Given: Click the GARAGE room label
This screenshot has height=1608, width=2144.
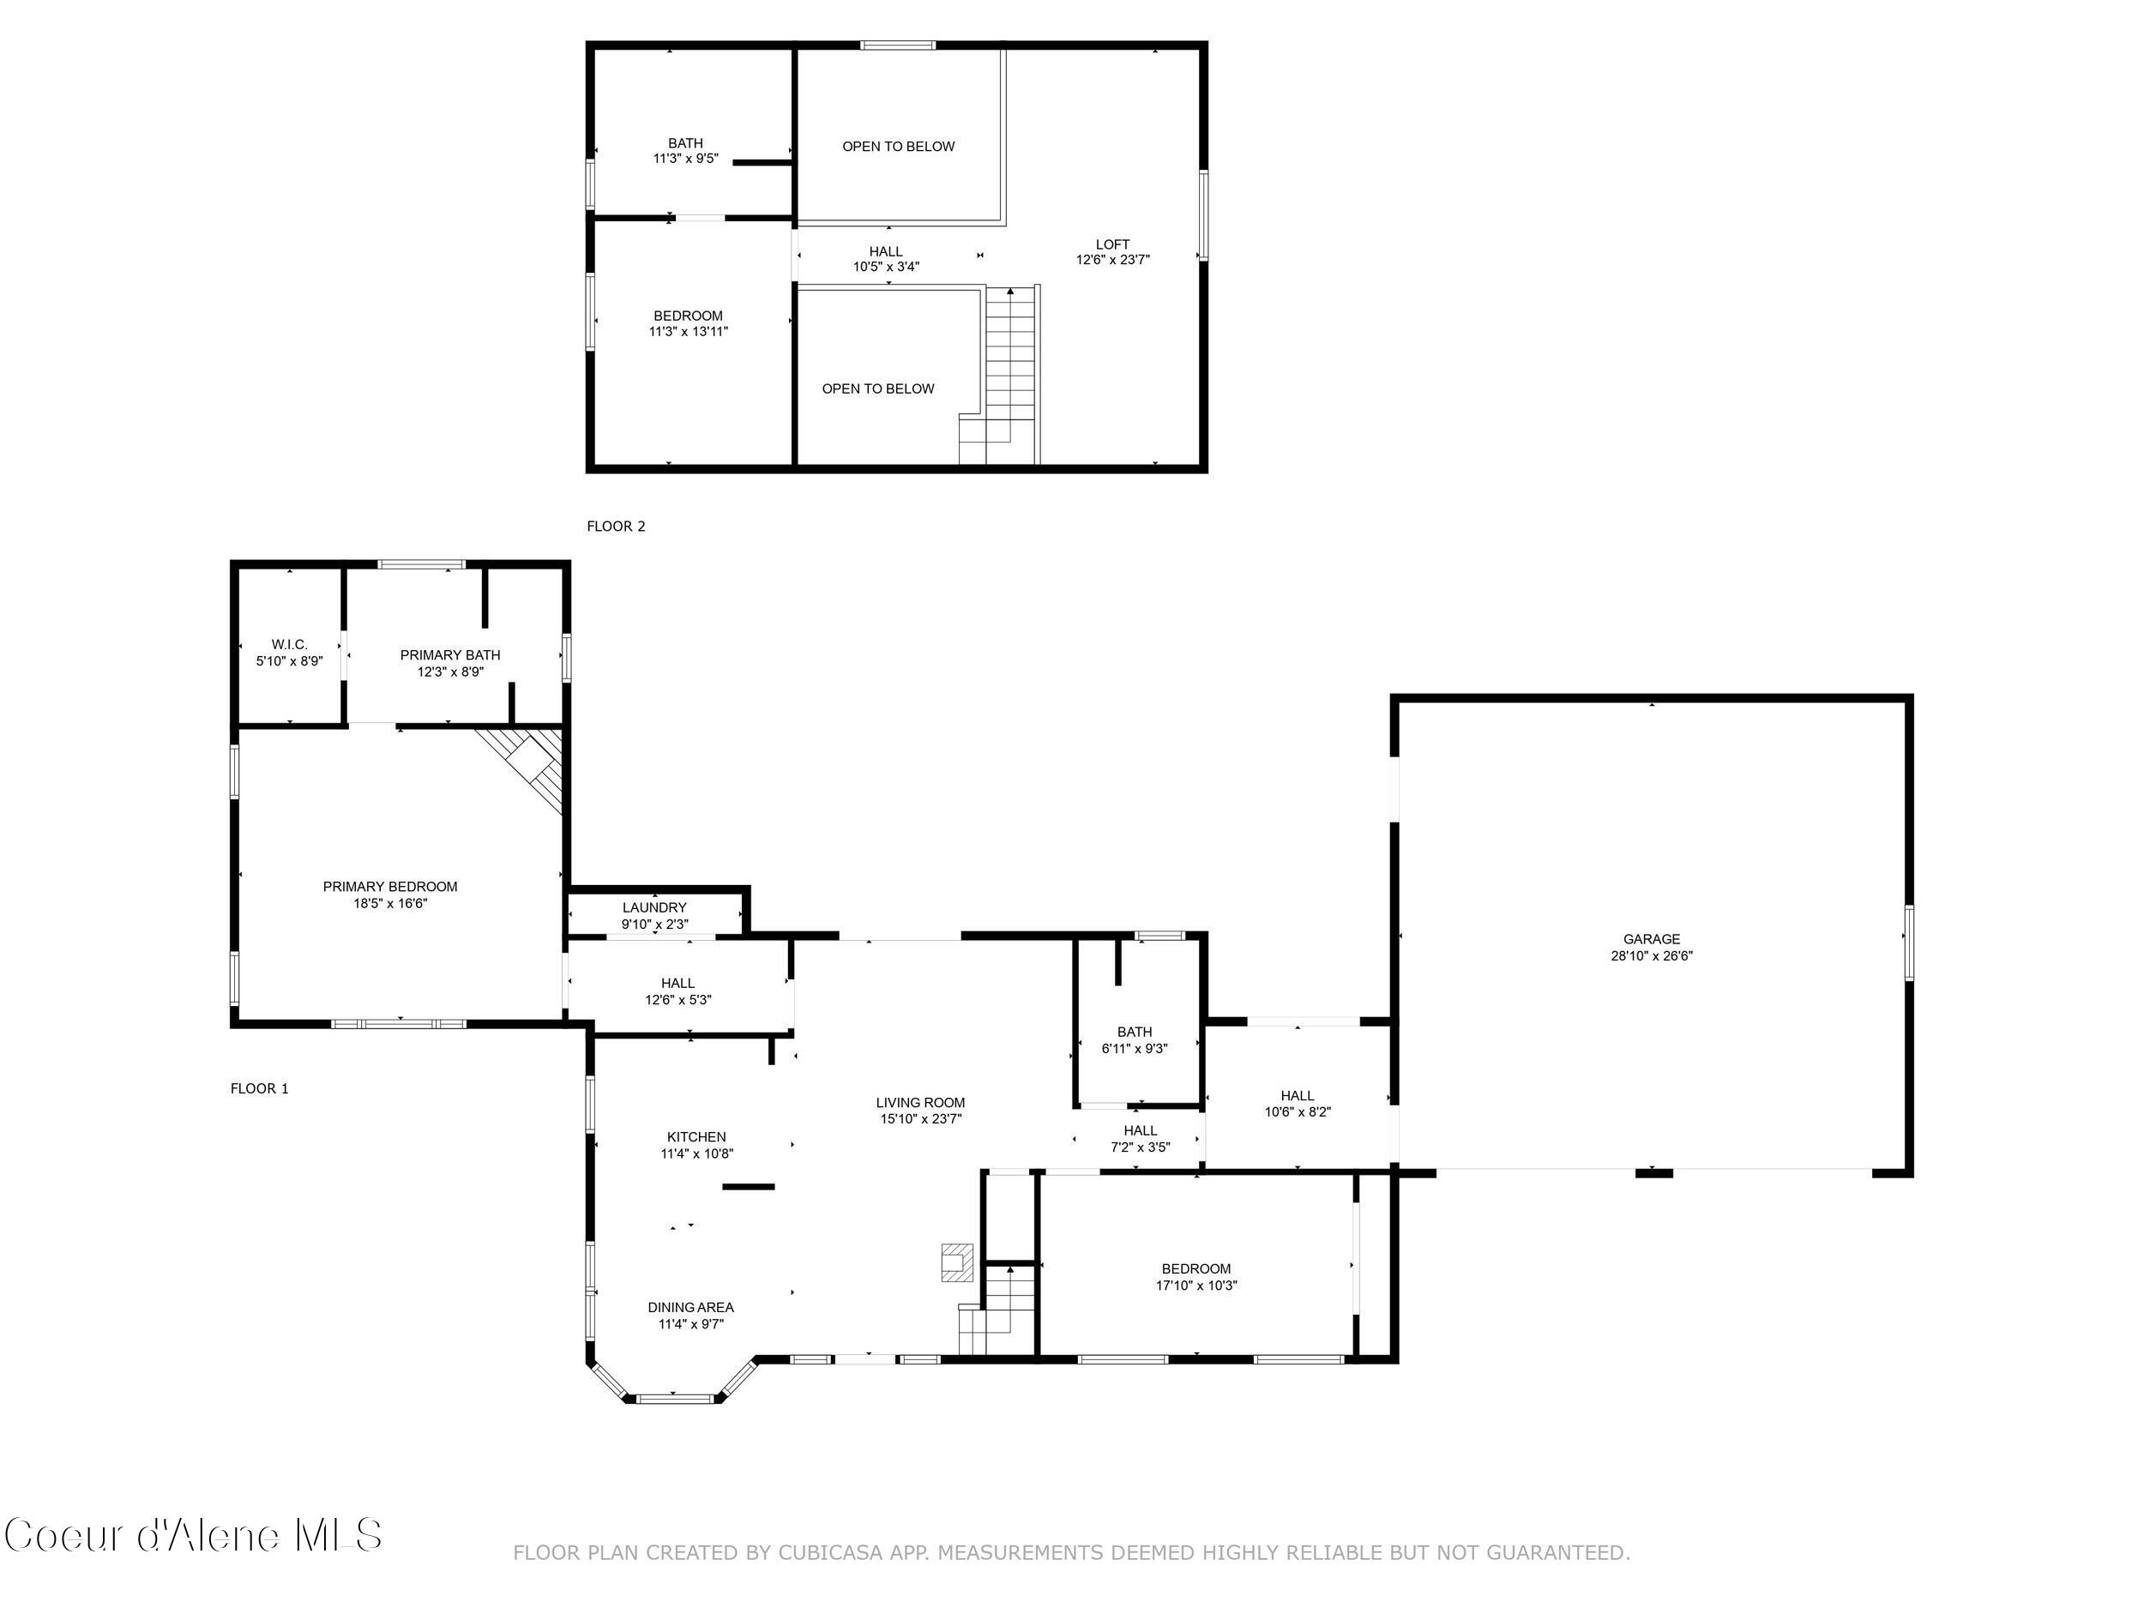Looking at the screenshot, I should click(x=1651, y=938).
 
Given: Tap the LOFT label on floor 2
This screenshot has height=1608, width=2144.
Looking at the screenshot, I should click(x=1111, y=244).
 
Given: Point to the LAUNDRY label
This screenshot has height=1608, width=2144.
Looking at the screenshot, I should click(x=654, y=907).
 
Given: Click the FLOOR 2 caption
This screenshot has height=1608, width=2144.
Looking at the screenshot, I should click(x=616, y=527).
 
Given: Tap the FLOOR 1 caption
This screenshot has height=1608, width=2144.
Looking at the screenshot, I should click(x=259, y=1088).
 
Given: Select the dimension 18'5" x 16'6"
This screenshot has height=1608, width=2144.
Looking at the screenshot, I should click(x=389, y=903).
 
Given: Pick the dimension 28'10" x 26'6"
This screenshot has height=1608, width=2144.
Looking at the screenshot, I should click(x=1651, y=955).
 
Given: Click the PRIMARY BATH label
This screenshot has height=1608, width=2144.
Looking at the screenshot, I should click(x=449, y=655).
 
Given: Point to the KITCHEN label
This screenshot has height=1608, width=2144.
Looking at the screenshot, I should click(x=696, y=1137).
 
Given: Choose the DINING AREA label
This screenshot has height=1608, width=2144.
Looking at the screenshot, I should click(x=690, y=1308).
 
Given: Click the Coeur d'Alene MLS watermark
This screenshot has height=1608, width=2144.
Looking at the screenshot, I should click(x=192, y=1535).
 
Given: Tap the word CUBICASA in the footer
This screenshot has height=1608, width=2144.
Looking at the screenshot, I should click(x=829, y=1553).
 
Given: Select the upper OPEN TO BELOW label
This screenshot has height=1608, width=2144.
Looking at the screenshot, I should click(x=898, y=147).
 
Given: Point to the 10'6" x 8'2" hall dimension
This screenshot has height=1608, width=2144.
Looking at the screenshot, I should click(x=1297, y=1112).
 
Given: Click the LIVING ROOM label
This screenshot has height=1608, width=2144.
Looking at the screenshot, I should click(x=920, y=1102).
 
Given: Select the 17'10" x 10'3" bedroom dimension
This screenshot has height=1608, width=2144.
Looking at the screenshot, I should click(x=1196, y=1286).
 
